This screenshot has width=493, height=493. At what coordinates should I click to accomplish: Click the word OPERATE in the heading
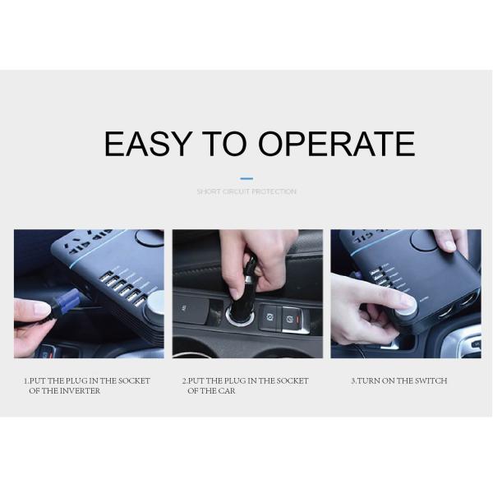[x=337, y=144]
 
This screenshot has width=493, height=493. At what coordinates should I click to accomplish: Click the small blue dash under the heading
[x=246, y=177]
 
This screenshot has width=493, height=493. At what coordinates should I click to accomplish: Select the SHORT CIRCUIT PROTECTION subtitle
[x=246, y=191]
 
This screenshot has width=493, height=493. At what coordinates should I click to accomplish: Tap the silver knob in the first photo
[x=154, y=302]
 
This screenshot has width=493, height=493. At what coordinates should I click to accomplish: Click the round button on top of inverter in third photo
[x=424, y=241]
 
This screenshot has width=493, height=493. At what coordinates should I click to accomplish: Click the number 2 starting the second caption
[x=184, y=380]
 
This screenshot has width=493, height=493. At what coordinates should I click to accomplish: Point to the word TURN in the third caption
[x=369, y=380]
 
